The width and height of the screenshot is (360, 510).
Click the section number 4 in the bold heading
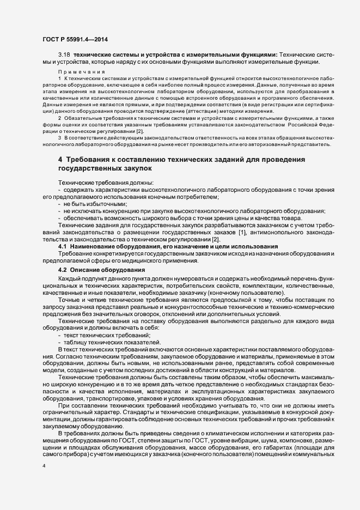(x=60, y=159)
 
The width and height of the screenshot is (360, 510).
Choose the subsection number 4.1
(x=62, y=247)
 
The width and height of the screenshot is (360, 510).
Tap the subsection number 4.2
(x=62, y=270)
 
